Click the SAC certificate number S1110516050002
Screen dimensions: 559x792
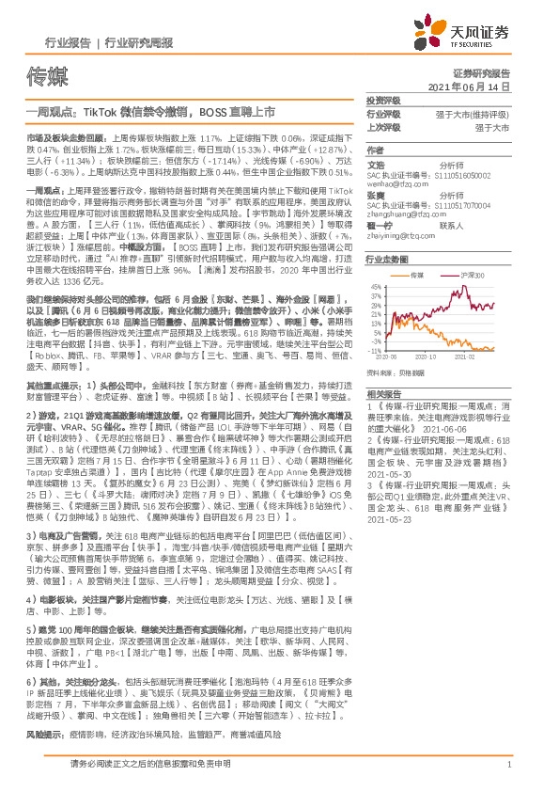click(x=459, y=174)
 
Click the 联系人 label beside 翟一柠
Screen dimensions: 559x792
click(x=452, y=226)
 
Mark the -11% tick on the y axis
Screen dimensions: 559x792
click(x=376, y=351)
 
